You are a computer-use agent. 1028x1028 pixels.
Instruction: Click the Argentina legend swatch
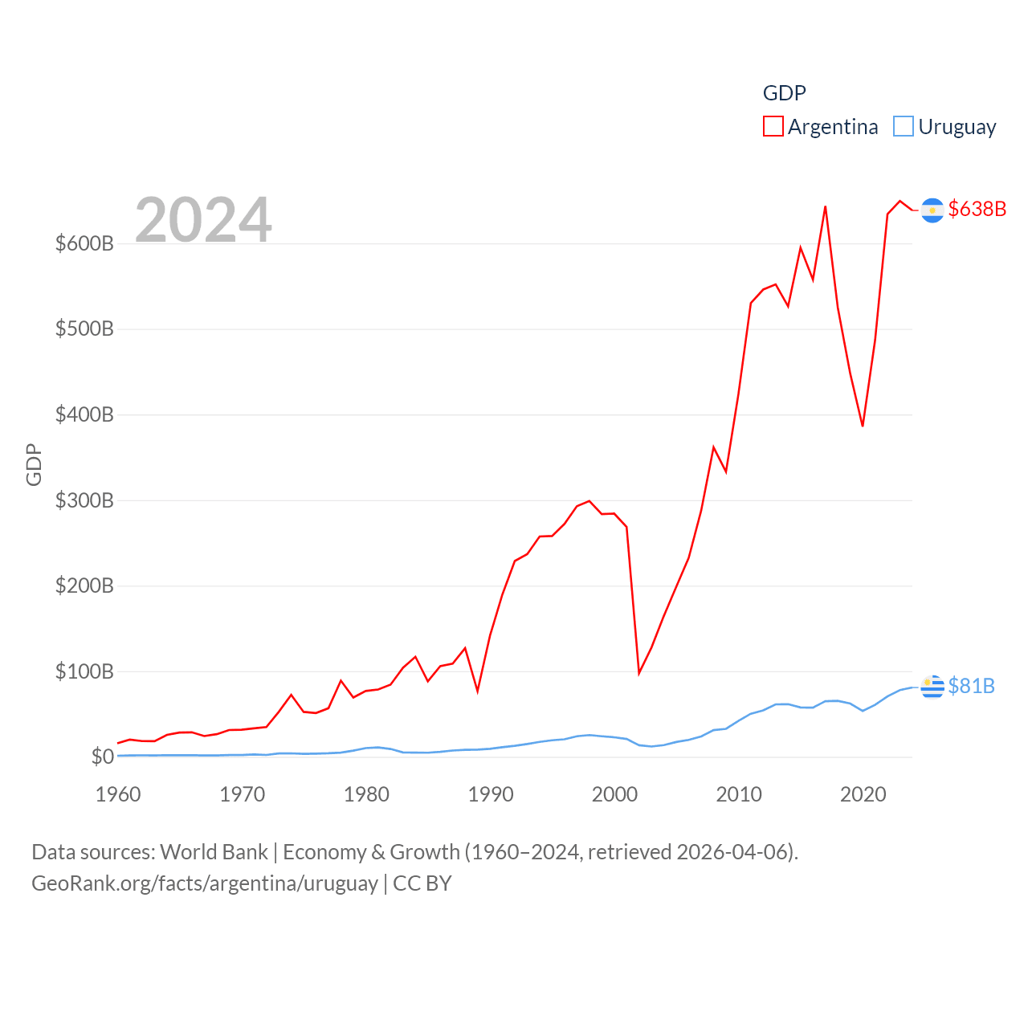coord(773,127)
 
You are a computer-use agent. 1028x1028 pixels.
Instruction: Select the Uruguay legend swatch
coord(904,127)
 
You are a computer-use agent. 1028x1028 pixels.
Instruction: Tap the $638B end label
coord(977,209)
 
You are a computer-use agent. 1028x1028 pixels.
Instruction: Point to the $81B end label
coord(971,686)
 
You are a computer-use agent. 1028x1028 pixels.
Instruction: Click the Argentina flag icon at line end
coord(932,210)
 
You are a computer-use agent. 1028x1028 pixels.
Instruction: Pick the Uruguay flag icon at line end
coord(932,687)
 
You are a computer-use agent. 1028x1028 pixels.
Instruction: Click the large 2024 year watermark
coord(203,219)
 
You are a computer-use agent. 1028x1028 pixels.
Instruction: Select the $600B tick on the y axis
coord(84,243)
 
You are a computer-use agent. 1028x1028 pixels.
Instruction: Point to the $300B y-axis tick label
coord(84,500)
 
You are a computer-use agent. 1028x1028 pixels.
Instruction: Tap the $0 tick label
coord(102,757)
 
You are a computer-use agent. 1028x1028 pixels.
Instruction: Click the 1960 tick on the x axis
coord(118,794)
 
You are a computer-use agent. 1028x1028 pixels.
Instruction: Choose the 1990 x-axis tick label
coord(491,794)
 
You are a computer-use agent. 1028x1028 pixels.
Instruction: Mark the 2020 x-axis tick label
coord(863,794)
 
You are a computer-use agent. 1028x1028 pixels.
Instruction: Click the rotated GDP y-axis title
coord(34,464)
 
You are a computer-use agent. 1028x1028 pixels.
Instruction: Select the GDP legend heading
coord(784,93)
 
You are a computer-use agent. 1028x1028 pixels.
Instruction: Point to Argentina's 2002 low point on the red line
coord(639,672)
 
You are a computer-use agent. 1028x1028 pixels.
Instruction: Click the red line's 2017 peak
coord(825,207)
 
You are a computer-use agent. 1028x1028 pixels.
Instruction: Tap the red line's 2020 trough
coord(863,426)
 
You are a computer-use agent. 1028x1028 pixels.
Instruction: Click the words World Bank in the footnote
coord(214,851)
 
